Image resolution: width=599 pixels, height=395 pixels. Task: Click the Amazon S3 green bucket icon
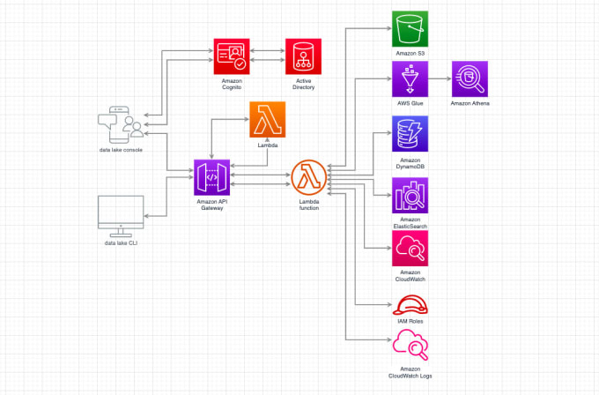(410, 29)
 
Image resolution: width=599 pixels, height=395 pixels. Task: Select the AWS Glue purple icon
(410, 78)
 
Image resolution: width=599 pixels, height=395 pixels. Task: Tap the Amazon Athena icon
(470, 78)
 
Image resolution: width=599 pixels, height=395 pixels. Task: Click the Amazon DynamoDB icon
(410, 135)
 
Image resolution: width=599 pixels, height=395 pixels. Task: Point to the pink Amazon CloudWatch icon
(410, 249)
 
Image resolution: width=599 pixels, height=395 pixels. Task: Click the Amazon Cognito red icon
(233, 57)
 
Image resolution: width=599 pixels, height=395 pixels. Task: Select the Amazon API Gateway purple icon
(211, 178)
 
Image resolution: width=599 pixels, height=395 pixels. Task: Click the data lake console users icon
(121, 125)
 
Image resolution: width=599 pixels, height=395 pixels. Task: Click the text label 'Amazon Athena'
(470, 104)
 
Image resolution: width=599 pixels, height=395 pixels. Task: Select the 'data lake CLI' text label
(121, 242)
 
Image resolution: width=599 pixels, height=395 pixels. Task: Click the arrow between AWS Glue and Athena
(439, 78)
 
